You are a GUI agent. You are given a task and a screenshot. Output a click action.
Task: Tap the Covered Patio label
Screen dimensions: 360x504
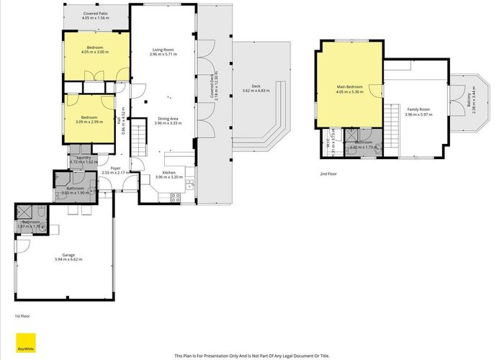[x=96, y=13]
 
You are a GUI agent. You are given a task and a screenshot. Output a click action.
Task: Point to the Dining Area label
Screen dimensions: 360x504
[x=166, y=119]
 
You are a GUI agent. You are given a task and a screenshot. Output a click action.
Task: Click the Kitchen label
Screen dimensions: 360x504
[x=168, y=173]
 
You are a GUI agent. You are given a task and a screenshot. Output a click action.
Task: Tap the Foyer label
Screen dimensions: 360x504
[x=115, y=168]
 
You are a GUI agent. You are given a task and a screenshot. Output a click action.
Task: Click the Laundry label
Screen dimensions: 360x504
[x=84, y=158]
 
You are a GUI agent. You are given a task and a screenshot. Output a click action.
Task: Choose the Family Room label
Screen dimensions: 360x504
[x=417, y=110]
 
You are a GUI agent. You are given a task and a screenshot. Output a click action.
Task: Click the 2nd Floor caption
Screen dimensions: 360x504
[x=329, y=174]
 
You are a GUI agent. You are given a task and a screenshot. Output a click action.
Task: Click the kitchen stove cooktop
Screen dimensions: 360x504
[x=175, y=197]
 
